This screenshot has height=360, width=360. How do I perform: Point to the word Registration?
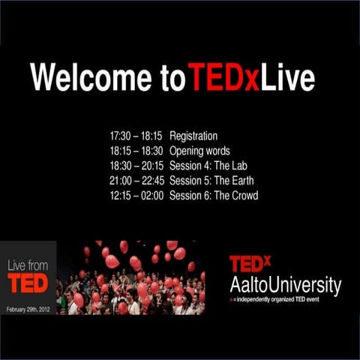[x=193, y=136]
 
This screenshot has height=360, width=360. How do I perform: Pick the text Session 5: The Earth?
[x=212, y=181]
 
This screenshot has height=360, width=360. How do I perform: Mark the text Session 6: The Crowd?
[x=214, y=196]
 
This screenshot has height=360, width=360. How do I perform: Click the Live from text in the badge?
[x=27, y=265]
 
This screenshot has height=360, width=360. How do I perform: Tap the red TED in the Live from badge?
[x=28, y=283]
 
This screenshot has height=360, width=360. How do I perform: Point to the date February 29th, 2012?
[x=28, y=308]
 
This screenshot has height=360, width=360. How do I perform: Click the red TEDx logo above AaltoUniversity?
[x=250, y=264]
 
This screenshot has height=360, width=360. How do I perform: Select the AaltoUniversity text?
[x=285, y=285]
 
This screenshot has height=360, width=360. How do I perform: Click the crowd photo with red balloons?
[x=130, y=277]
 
